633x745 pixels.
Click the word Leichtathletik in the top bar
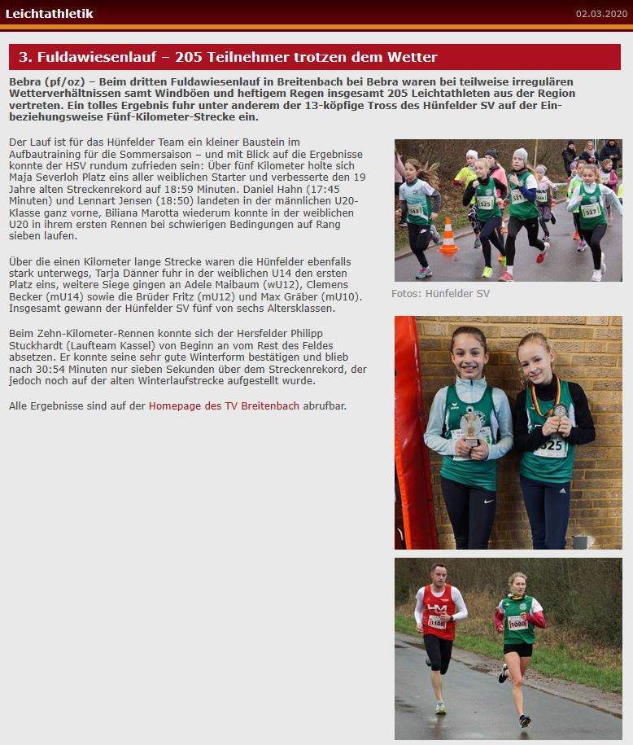[x=49, y=13]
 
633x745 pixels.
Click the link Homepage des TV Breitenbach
[x=224, y=405]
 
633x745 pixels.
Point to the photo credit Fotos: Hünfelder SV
[x=440, y=293]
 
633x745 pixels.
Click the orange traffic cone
[x=448, y=237]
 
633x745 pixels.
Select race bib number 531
[x=517, y=198]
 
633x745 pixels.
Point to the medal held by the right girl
[x=560, y=410]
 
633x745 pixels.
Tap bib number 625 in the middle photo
[x=552, y=445]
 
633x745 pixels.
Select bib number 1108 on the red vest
[x=437, y=622]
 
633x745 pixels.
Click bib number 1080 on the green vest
[x=517, y=623]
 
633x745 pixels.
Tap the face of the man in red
[x=439, y=576]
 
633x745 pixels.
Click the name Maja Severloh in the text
[x=44, y=177]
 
